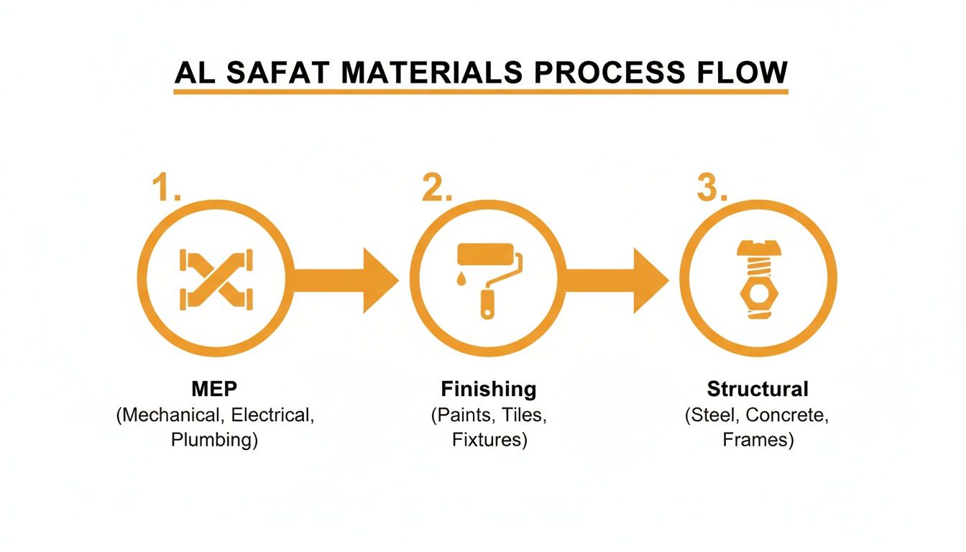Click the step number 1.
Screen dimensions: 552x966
pyautogui.click(x=166, y=189)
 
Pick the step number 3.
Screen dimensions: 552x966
pyautogui.click(x=712, y=189)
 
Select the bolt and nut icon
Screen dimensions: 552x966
pyautogui.click(x=757, y=280)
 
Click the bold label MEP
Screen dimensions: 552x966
pyautogui.click(x=214, y=390)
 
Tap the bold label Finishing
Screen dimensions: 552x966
pyautogui.click(x=489, y=390)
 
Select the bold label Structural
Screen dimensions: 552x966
pyautogui.click(x=758, y=390)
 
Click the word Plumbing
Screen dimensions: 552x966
pyautogui.click(x=214, y=440)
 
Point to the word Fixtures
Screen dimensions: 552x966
pyautogui.click(x=489, y=440)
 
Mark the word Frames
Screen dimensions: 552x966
pyautogui.click(x=758, y=440)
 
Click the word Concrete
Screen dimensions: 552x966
pyautogui.click(x=791, y=415)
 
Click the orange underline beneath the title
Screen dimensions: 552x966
pyautogui.click(x=481, y=92)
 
